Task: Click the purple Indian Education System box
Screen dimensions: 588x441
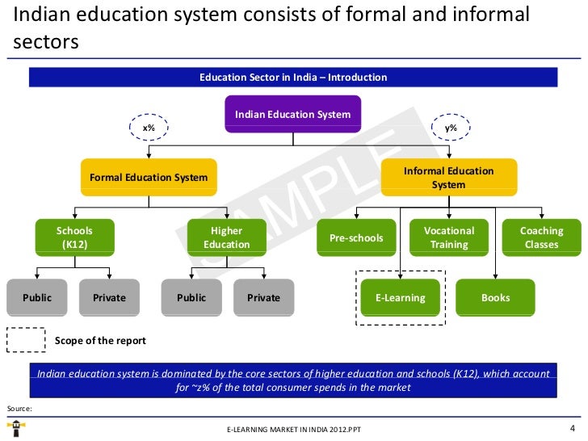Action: [292, 114]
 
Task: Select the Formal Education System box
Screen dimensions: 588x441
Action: [148, 178]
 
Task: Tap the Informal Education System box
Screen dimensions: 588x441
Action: [448, 178]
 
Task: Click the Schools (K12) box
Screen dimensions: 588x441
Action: [74, 237]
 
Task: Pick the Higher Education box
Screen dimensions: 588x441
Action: [226, 237]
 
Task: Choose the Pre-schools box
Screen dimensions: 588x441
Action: [356, 237]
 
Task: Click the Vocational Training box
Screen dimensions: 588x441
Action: [448, 237]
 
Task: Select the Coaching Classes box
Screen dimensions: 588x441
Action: [541, 237]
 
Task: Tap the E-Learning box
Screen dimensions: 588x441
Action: [400, 298]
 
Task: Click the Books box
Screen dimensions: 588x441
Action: [495, 298]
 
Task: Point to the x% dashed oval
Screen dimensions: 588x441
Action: [149, 128]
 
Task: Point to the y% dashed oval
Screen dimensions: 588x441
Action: [451, 128]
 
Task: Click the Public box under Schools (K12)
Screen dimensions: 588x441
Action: [37, 298]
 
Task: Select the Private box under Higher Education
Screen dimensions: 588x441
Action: [263, 298]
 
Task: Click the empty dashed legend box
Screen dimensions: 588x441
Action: [26, 340]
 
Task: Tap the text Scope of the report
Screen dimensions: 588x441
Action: [100, 341]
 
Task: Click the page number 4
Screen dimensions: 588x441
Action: [572, 427]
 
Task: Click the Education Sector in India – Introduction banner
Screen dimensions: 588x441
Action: [293, 78]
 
